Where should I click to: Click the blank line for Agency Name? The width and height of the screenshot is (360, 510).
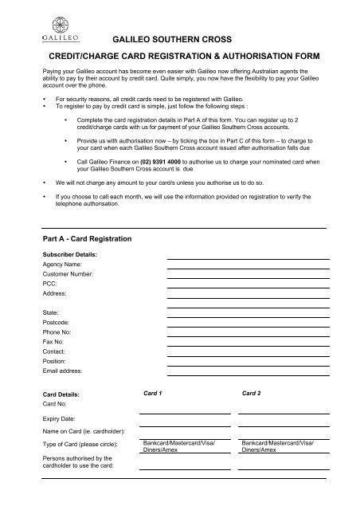248,260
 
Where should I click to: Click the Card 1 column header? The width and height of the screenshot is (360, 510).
152,393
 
